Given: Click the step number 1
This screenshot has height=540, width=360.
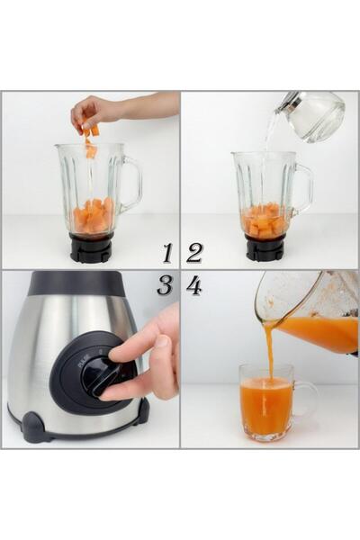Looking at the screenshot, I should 166,253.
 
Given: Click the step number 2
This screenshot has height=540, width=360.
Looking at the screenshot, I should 194,253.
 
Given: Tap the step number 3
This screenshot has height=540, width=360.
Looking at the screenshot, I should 165,286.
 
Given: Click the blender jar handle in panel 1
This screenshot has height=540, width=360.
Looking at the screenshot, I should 132,184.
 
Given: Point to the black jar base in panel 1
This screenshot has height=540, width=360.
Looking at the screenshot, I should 91,248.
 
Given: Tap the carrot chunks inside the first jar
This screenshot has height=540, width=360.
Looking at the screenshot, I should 93,217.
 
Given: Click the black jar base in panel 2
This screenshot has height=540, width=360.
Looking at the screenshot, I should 265,248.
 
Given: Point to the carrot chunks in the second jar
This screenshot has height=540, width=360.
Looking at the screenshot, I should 265,220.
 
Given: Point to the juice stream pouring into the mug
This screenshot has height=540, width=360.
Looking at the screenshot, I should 269,351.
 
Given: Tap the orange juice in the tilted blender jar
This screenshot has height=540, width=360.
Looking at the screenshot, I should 319,332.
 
